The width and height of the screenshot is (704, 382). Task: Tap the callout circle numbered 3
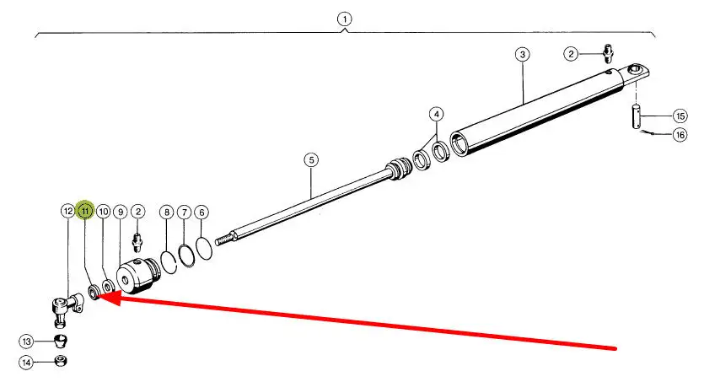(x=523, y=55)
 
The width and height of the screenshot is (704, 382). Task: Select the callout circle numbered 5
(x=311, y=159)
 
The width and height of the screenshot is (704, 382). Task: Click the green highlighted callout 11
(x=85, y=211)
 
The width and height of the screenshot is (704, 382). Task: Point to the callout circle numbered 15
(x=680, y=116)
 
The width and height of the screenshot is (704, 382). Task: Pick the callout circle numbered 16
(x=680, y=135)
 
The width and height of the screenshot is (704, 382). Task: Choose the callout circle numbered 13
(x=27, y=342)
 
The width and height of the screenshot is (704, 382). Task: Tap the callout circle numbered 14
(x=27, y=363)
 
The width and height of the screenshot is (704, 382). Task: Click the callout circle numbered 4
(x=435, y=114)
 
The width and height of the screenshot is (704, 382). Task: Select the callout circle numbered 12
(x=67, y=211)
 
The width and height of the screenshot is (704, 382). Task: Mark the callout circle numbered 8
(x=166, y=212)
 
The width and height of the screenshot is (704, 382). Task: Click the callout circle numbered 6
(x=202, y=212)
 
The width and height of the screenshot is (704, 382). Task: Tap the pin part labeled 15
(x=637, y=116)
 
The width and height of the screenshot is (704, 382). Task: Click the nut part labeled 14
(x=62, y=362)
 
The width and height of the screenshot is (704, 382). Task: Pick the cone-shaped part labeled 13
(x=61, y=342)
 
